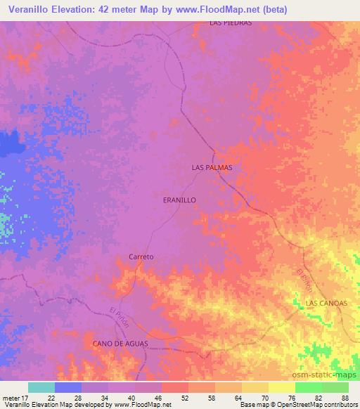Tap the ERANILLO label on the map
pyautogui.click(x=179, y=200)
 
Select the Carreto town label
pyautogui.click(x=141, y=257)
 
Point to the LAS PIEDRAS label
pyautogui.click(x=231, y=22)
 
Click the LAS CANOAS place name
pyautogui.click(x=327, y=303)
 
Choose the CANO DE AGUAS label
pyautogui.click(x=117, y=342)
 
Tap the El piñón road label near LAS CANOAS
pyautogui.click(x=304, y=281)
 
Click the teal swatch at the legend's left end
pyautogui.click(x=41, y=387)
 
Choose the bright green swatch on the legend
pyautogui.click(x=308, y=387)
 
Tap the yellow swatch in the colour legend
pyautogui.click(x=281, y=387)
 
